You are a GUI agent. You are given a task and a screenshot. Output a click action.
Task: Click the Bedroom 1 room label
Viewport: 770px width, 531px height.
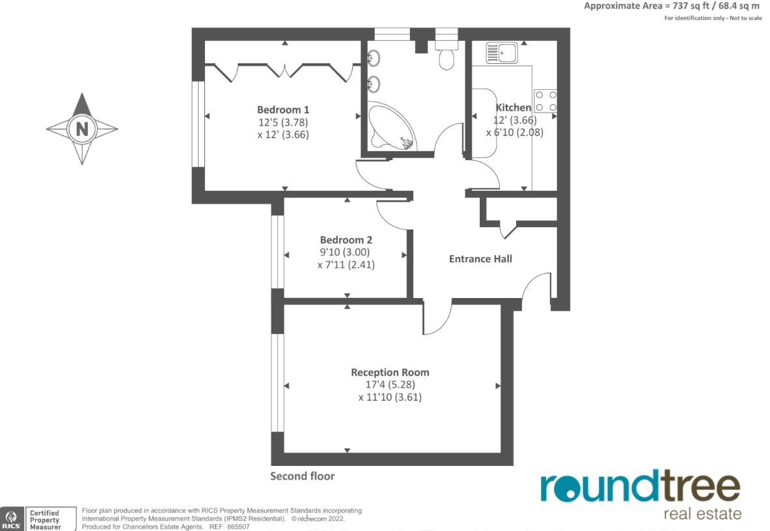(282, 109)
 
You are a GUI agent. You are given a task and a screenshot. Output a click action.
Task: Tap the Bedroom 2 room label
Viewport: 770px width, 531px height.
(346, 239)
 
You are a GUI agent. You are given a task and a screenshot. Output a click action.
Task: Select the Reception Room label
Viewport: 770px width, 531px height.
(390, 372)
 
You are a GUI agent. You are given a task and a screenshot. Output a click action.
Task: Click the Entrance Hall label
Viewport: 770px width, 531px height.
(480, 258)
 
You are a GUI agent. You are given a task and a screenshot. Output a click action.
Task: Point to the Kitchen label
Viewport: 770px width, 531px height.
(514, 107)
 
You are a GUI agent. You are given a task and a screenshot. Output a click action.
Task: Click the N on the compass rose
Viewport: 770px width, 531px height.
(82, 129)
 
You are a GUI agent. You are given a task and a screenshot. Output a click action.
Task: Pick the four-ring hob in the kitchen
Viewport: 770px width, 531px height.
(545, 100)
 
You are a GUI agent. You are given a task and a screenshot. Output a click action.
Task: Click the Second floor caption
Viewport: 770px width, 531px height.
(303, 476)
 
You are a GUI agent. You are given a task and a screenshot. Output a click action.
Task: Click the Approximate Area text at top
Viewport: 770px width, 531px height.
(671, 6)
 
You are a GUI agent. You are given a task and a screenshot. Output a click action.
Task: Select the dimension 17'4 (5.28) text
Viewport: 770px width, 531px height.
(390, 385)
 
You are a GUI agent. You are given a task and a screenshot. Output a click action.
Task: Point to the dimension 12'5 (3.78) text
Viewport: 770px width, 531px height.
(282, 122)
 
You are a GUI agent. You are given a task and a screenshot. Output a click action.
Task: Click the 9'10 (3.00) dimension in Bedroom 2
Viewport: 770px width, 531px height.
(346, 252)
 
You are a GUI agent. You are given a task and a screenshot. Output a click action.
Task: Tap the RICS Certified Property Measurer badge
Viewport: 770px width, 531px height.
(33, 519)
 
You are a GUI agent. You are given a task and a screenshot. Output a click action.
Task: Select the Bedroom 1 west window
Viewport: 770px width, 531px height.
(198, 124)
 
